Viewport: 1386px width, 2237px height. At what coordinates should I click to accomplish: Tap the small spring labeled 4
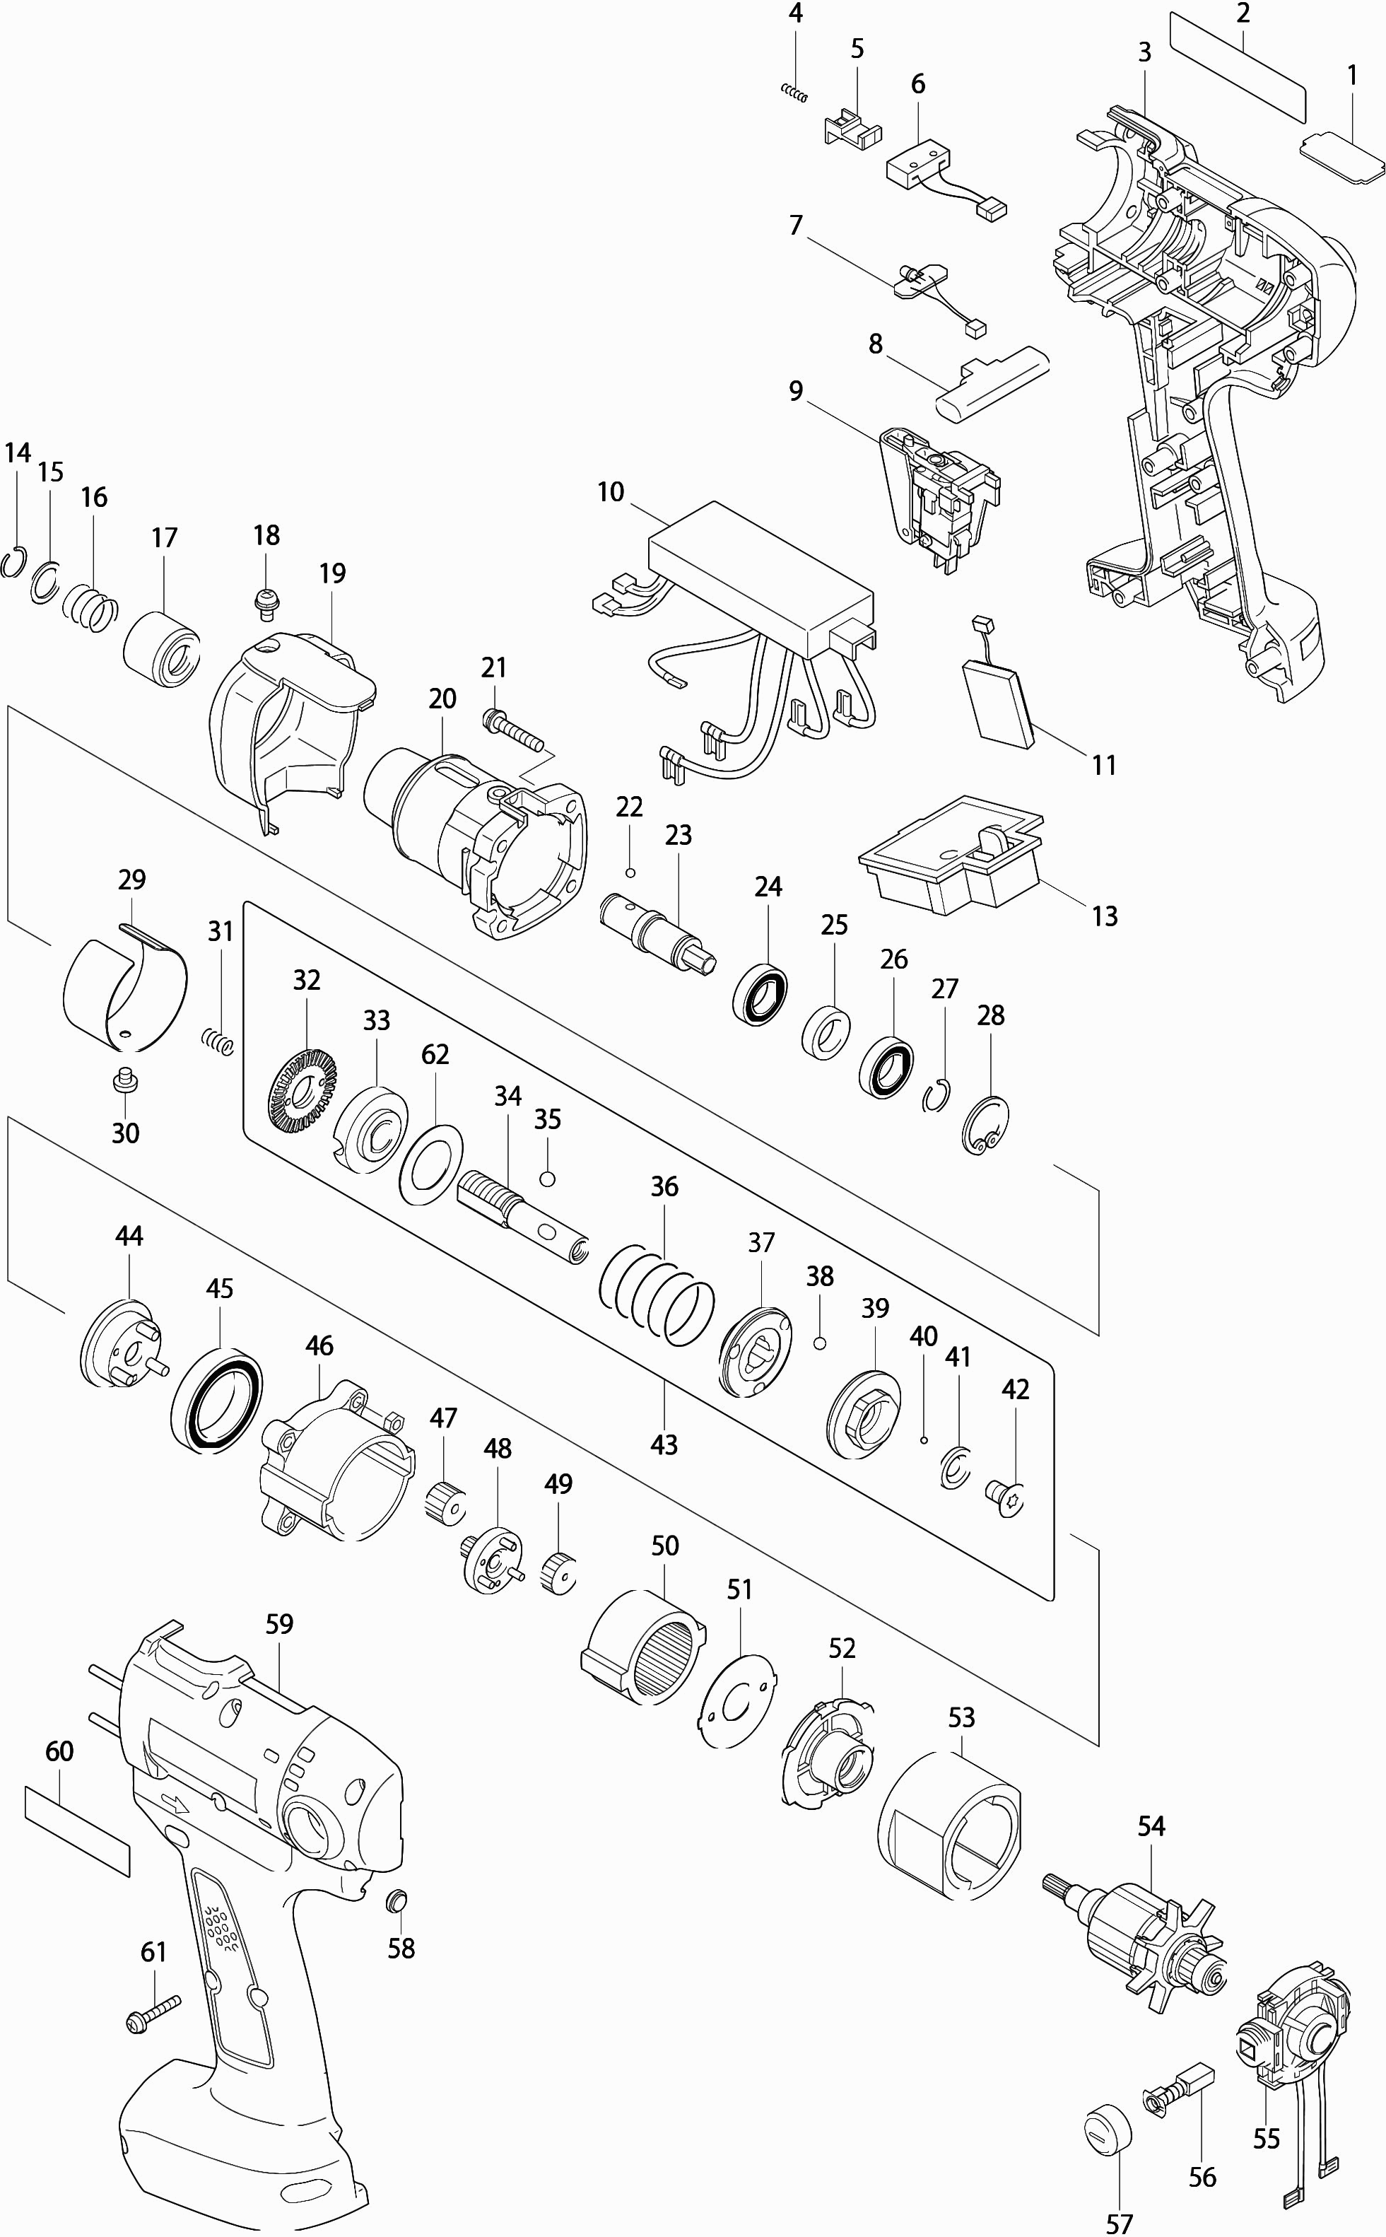tap(794, 92)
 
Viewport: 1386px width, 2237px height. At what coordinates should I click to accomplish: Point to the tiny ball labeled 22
tap(630, 871)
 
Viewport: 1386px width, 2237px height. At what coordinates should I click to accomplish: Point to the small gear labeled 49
tap(558, 1573)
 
